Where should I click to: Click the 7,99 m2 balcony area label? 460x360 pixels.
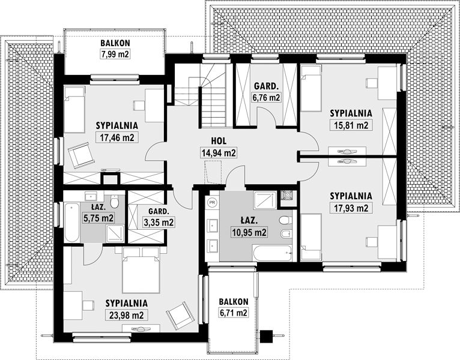pos(115,54)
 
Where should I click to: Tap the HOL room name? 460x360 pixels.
pos(219,141)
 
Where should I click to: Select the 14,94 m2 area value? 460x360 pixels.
pos(219,153)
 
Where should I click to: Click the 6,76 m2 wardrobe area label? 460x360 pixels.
pos(266,97)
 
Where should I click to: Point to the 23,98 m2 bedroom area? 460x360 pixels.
pos(127,315)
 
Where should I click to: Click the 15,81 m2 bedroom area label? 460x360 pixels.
pos(351,125)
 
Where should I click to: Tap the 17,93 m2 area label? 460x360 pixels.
pos(351,208)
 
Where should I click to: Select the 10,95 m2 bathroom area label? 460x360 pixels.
pos(249,232)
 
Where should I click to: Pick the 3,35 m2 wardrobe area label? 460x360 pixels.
pos(159,222)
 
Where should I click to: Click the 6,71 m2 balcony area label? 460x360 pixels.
pos(234,313)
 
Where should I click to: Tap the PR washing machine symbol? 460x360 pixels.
pos(212,202)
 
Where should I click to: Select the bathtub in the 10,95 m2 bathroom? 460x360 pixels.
pos(273,253)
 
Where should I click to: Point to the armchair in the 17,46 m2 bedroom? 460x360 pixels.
pos(80,155)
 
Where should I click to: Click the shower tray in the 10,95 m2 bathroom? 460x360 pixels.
pos(265,200)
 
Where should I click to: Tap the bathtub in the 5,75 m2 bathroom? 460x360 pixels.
pos(72,222)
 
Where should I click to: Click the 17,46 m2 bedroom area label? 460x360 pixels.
pos(117,137)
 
